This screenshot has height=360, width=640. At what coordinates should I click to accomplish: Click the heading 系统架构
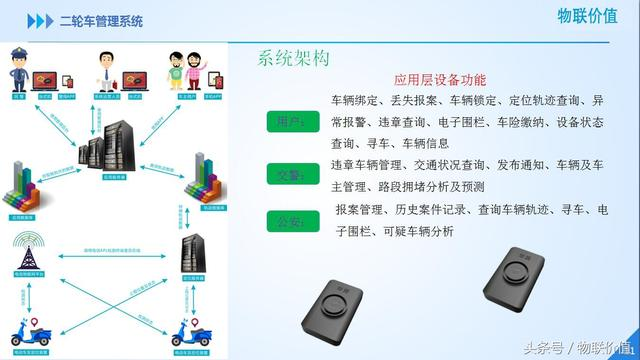(x=294, y=59)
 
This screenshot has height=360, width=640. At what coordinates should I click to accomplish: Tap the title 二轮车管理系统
(x=101, y=20)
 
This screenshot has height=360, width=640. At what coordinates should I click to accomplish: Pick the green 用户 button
(x=290, y=122)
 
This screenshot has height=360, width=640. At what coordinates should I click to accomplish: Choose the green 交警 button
(x=290, y=174)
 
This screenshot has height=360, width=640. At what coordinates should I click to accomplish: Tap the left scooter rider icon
(x=22, y=331)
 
